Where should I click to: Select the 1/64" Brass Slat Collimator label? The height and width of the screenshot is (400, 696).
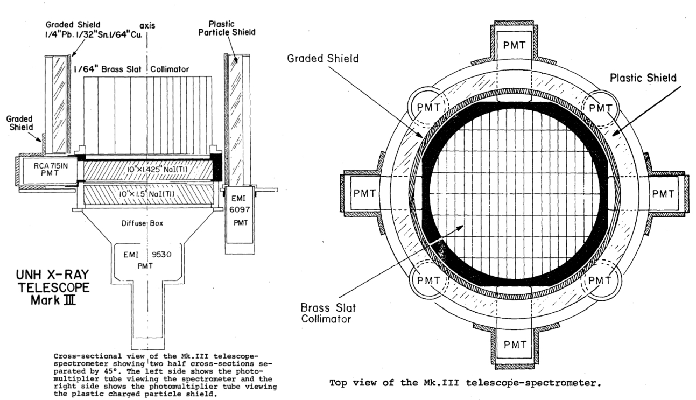144,68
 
